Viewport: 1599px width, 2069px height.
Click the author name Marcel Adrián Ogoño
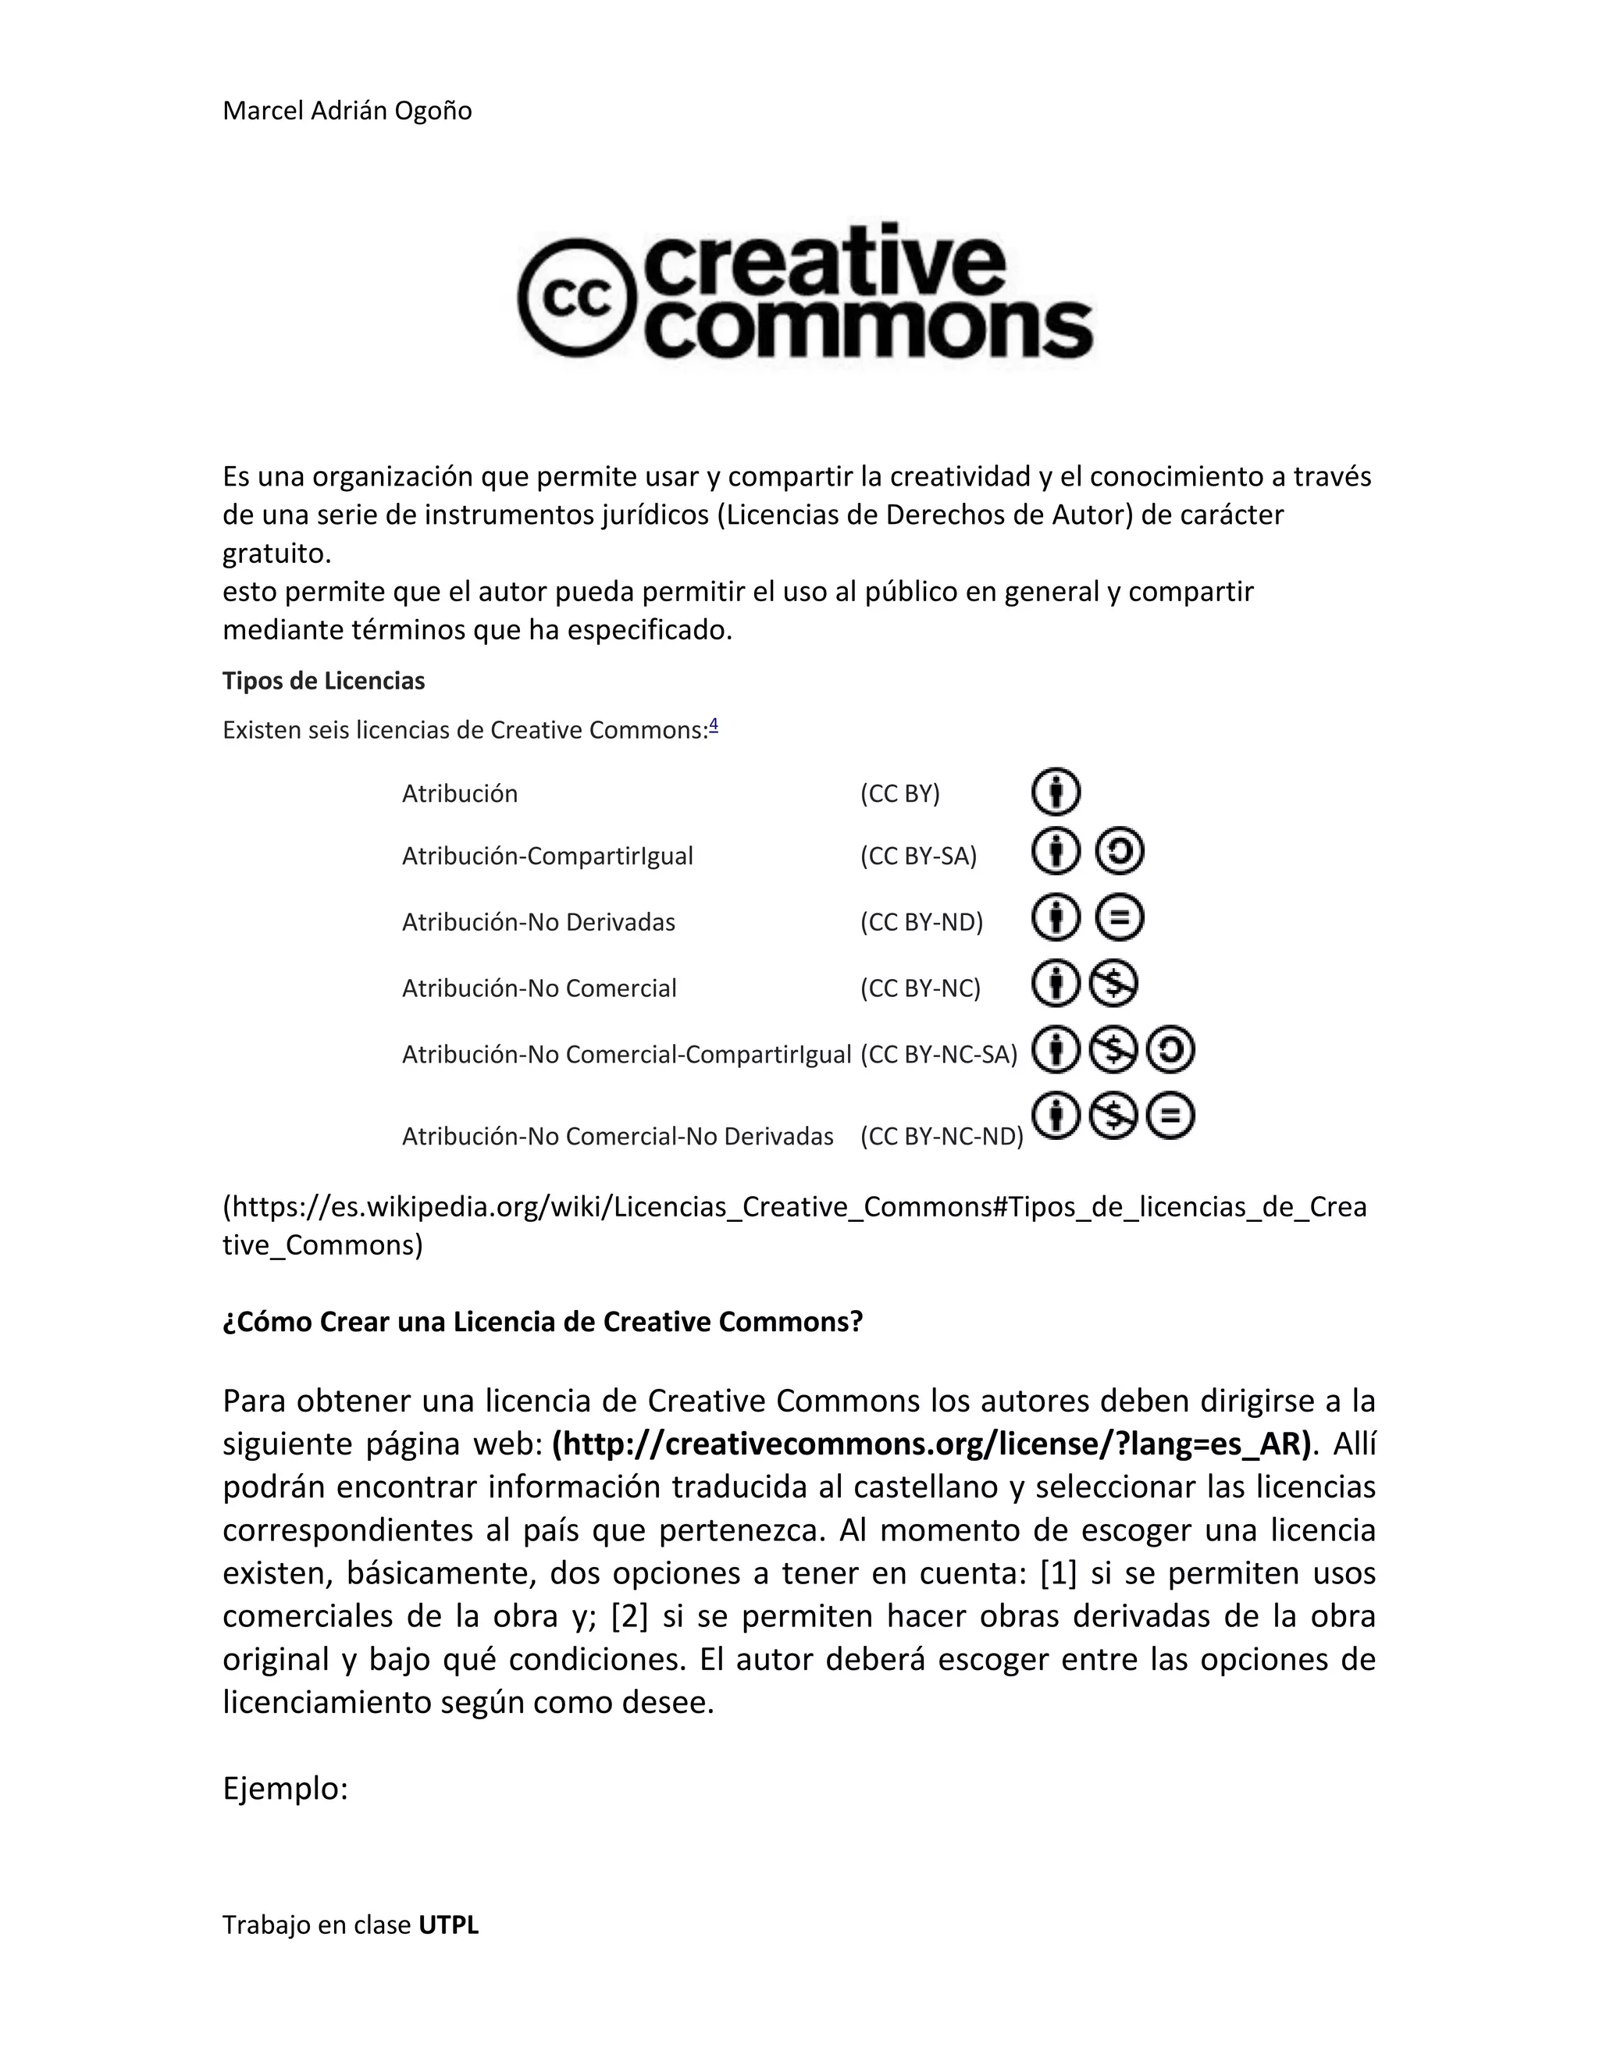347,111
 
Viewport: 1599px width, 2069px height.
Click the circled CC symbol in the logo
574,297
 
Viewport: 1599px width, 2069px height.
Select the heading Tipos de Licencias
323,681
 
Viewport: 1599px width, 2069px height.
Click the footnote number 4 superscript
714,725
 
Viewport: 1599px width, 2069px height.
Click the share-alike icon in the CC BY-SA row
1120,851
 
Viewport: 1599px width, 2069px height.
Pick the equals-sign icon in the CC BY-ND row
1120,917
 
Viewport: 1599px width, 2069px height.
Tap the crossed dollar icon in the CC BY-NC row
1113,983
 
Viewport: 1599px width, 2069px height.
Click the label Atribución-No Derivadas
538,922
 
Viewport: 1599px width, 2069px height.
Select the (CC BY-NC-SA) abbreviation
938,1054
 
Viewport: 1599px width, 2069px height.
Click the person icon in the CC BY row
1056,792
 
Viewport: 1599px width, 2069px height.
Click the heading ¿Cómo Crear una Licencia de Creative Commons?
543,1322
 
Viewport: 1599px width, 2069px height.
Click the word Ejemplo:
286,1789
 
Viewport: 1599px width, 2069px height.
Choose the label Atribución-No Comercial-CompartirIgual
626,1054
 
